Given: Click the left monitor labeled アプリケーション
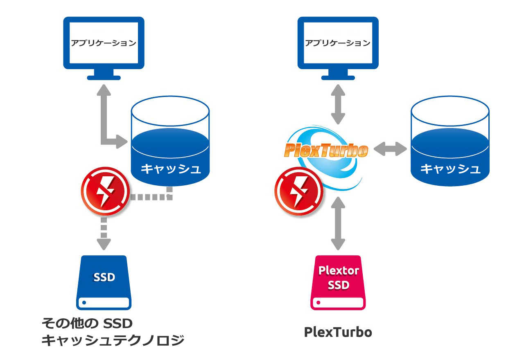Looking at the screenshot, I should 104,43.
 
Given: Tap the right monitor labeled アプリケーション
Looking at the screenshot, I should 338,43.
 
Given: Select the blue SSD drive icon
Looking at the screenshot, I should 104,282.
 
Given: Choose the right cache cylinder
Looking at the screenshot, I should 450,141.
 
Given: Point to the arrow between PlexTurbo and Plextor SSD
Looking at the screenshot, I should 338,223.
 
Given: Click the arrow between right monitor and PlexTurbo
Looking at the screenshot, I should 338,104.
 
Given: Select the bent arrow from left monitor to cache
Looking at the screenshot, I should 105,123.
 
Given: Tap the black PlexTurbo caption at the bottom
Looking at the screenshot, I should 338,332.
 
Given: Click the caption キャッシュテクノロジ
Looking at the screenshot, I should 113,340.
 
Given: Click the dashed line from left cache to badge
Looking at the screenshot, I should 151,197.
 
